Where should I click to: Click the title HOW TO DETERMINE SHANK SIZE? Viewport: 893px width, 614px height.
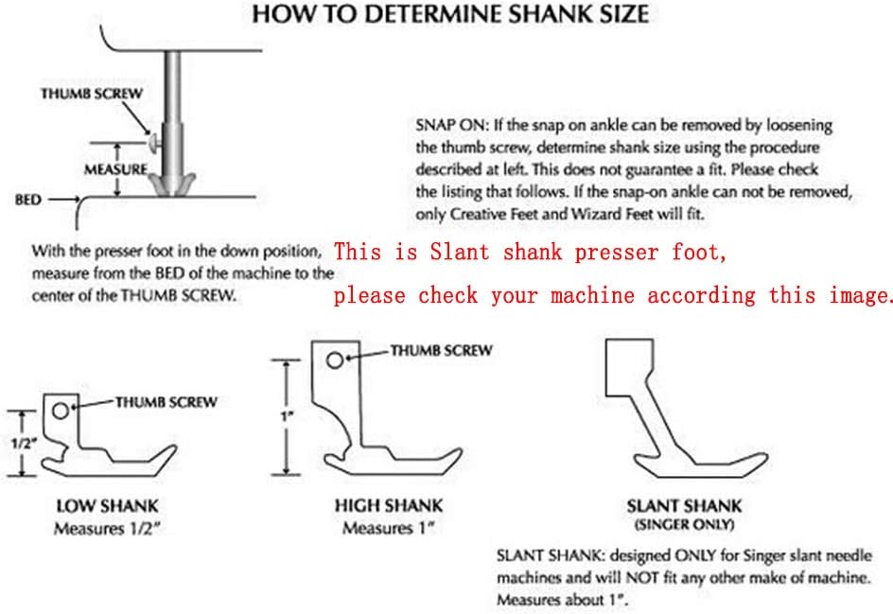coord(449,14)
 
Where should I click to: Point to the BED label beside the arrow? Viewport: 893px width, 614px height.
coord(26,201)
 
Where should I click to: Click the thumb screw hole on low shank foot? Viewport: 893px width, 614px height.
coord(61,411)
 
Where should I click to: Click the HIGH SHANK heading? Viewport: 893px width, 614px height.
coord(388,506)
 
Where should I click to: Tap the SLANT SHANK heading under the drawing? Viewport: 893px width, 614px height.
coord(684,506)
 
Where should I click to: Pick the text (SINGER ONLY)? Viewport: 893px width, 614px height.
coord(684,524)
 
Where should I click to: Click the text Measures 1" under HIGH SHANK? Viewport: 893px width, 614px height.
coord(388,527)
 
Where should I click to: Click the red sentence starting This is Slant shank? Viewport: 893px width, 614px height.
coord(533,253)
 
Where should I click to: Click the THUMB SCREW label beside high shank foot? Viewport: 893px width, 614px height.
coord(442,350)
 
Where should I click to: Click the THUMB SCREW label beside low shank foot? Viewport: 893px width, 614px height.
coord(166,401)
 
